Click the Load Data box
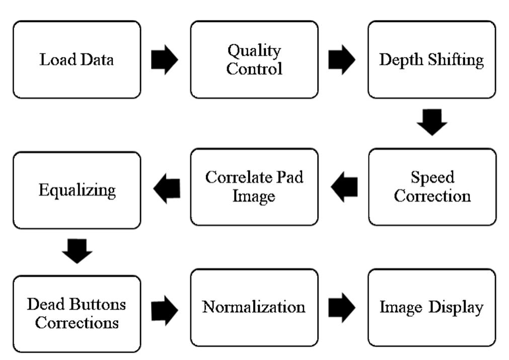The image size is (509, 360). pos(77,59)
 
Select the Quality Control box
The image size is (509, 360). pos(254,59)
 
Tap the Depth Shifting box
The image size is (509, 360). pos(431,59)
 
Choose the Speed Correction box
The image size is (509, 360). pos(432,187)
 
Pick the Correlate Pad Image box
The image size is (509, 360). pos(254,187)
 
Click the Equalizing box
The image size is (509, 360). pos(77,190)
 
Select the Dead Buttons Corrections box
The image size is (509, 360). pos(77,313)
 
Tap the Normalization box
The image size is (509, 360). pos(254,307)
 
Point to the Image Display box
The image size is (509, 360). pos(431,307)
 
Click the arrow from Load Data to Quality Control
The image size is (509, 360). pos(165,59)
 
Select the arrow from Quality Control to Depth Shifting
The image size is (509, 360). pos(342,59)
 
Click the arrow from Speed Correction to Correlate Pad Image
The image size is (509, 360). pos(344,187)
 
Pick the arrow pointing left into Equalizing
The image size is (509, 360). pos(167,189)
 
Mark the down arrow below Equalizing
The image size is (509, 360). pos(77,251)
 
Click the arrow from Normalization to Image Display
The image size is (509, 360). pos(342,307)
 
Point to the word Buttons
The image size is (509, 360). pos(99,304)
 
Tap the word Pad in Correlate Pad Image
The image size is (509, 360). pos(291,178)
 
